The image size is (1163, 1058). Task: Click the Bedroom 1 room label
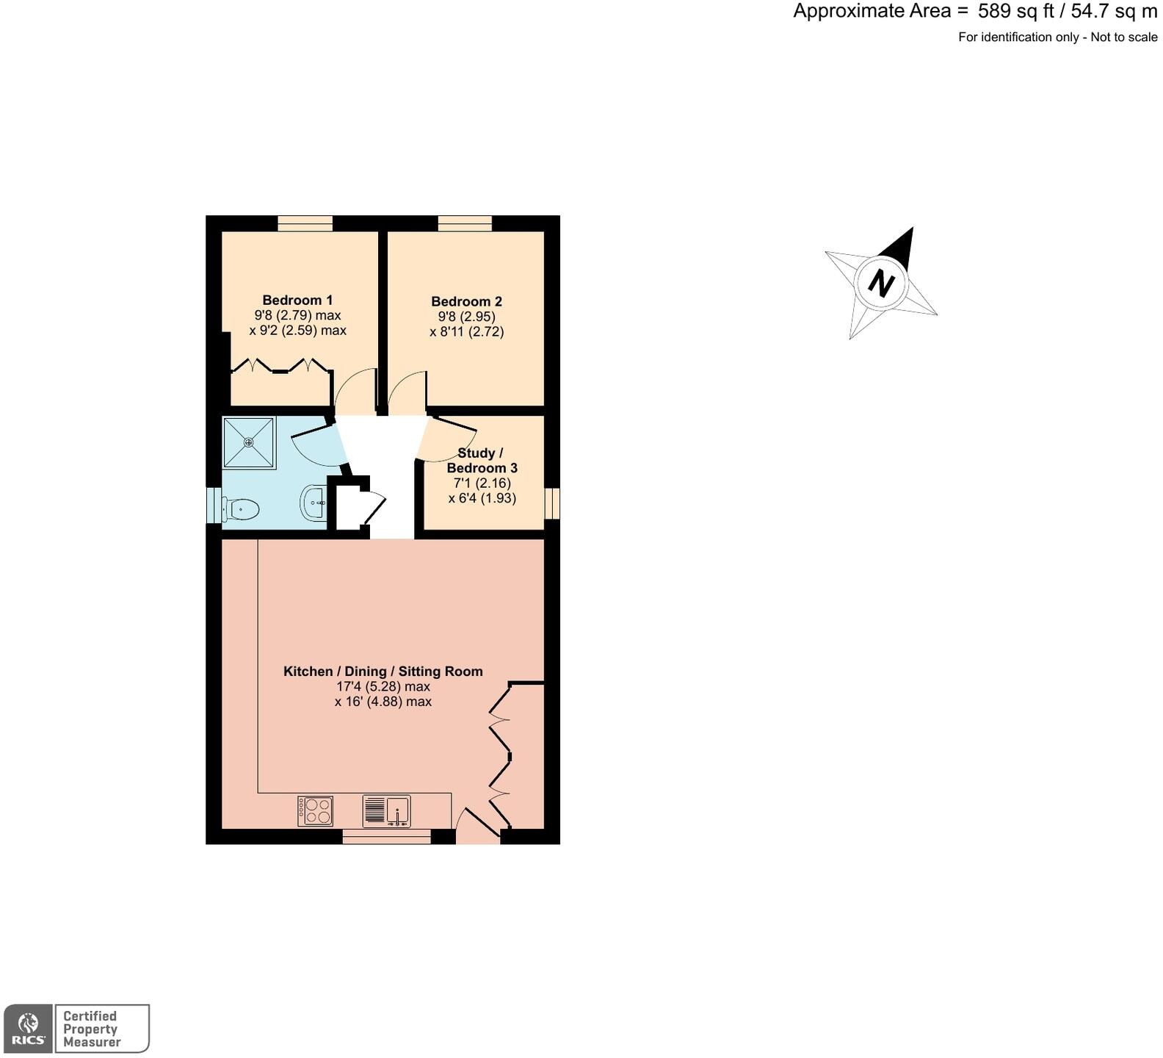coord(297,300)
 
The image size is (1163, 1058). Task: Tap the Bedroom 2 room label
coord(466,301)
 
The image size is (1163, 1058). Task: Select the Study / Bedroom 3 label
coord(482,461)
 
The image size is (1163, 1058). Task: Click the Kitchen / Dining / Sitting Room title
coord(383,671)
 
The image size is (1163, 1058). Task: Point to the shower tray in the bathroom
coord(249,442)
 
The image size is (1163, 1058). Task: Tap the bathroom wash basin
coord(314,503)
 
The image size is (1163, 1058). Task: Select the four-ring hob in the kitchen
coord(315,811)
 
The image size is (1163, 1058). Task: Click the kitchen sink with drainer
coord(386,811)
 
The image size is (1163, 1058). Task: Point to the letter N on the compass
coord(881,282)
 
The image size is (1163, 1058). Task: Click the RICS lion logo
coord(28,1029)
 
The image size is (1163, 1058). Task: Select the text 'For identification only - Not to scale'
coord(1057,37)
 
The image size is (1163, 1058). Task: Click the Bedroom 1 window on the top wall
coord(305,223)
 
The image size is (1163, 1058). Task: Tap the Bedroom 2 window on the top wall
coord(465,223)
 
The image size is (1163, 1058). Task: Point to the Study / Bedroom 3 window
coord(551,503)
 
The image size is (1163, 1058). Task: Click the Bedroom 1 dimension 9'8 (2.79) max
coord(297,315)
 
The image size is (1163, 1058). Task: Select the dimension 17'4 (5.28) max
coord(383,686)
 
